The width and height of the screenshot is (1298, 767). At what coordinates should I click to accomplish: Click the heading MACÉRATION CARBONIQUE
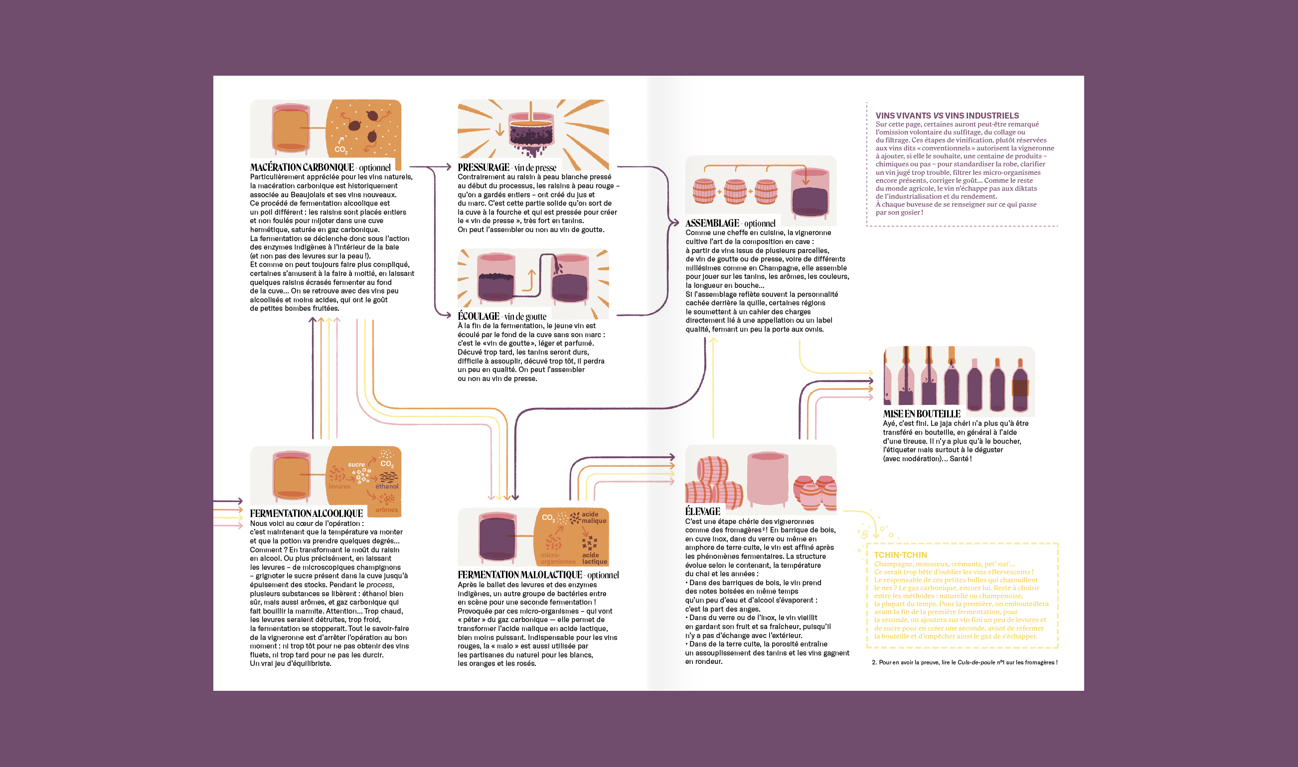[x=302, y=167]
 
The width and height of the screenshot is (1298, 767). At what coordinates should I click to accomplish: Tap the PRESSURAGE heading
[x=484, y=167]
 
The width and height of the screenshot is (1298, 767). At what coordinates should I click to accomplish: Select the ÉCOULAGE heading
[x=479, y=316]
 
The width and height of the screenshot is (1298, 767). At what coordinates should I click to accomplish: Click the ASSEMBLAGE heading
[x=712, y=223]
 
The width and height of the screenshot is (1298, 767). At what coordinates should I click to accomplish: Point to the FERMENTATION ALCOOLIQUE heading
[x=306, y=513]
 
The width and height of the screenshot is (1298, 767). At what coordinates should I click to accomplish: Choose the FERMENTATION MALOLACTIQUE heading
[x=520, y=575]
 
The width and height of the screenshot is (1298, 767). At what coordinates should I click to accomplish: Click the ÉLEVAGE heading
[x=702, y=511]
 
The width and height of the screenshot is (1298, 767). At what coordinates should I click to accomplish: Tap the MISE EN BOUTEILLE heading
[x=922, y=414]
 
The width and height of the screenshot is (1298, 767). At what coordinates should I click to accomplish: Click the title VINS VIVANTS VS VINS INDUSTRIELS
[x=947, y=116]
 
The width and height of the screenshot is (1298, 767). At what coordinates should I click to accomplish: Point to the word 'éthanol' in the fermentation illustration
[x=387, y=487]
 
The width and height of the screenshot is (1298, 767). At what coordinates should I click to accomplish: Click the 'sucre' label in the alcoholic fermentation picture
[x=356, y=465]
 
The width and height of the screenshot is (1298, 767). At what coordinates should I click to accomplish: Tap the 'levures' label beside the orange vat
[x=339, y=487]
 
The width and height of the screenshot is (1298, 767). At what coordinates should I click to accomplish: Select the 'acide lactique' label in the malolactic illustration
[x=594, y=559]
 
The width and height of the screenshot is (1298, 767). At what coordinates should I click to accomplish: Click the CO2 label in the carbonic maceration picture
[x=341, y=149]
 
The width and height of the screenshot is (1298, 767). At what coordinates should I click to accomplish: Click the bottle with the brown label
[x=1020, y=385]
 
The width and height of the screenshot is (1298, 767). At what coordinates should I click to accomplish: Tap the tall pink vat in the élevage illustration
[x=768, y=478]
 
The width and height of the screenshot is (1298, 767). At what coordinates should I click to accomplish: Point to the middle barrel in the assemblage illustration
[x=735, y=191]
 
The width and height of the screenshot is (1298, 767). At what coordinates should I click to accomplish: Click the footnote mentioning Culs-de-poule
[x=965, y=662]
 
